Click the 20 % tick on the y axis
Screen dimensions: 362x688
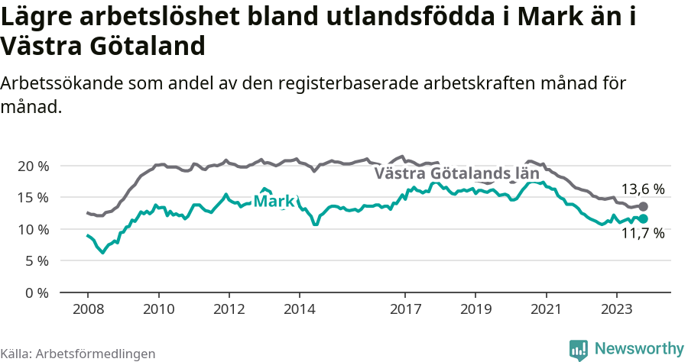[x=32, y=166]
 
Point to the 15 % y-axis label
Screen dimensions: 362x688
[x=32, y=198]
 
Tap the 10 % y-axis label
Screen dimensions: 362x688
[x=32, y=229]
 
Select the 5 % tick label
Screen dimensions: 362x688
[x=36, y=261]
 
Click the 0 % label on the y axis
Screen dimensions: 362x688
[x=36, y=293]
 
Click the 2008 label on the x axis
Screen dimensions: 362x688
[x=87, y=310]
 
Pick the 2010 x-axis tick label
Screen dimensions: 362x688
[x=158, y=310]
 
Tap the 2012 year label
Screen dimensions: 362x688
[x=229, y=310]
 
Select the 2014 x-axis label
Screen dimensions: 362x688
[x=299, y=310]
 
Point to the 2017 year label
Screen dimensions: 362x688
[x=405, y=310]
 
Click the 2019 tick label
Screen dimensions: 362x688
[x=475, y=310]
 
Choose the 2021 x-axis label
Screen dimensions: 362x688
[x=547, y=310]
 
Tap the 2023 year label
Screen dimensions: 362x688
[x=617, y=310]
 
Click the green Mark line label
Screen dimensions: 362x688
[x=274, y=202]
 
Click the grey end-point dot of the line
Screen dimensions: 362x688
[x=643, y=206]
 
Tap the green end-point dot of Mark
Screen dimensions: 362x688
[x=643, y=218]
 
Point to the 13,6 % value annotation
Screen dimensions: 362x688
[x=642, y=189]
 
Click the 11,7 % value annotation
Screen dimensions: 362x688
[x=642, y=234]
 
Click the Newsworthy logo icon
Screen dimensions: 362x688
[x=579, y=349]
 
